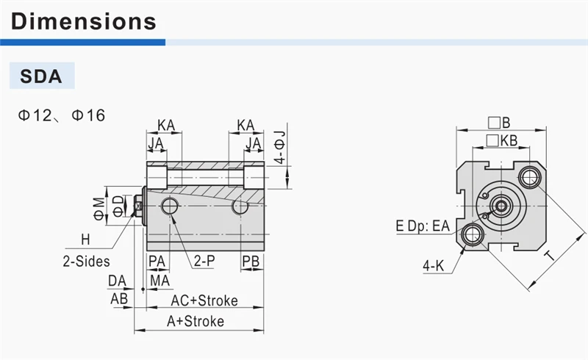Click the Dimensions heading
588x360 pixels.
[x=84, y=21]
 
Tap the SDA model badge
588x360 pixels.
[x=42, y=76]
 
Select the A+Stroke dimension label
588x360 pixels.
[x=196, y=321]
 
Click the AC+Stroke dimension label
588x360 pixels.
[x=204, y=300]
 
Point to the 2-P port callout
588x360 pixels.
[x=204, y=261]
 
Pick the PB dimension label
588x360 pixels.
[x=251, y=262]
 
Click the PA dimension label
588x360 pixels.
[x=157, y=262]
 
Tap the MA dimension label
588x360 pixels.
[x=159, y=281]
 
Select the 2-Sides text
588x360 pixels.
[x=86, y=262]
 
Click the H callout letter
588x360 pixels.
[x=86, y=240]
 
